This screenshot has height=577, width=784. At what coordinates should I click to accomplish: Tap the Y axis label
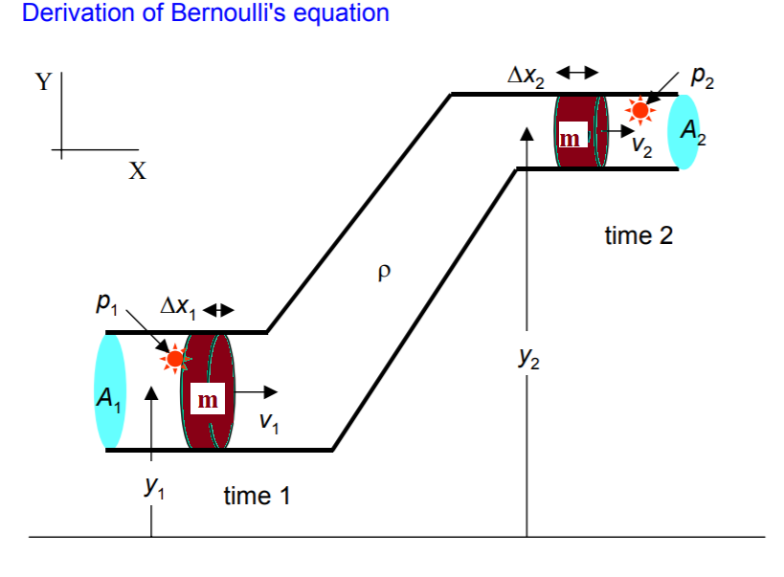43,82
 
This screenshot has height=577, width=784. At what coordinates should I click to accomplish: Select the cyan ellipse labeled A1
111,390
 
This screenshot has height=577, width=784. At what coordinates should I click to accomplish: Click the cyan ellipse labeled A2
691,130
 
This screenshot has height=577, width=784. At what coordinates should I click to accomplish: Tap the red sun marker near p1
174,359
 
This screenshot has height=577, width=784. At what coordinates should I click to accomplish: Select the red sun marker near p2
639,111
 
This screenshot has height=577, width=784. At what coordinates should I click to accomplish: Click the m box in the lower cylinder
207,400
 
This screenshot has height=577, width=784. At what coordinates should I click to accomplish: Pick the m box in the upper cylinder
571,139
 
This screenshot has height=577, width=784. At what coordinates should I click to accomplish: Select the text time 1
257,496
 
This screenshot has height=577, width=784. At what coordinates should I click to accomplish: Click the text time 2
638,235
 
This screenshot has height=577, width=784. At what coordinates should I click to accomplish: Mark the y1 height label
153,487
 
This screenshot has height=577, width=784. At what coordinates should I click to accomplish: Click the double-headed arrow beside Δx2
577,72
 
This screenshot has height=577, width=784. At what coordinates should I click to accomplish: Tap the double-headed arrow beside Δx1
219,310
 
